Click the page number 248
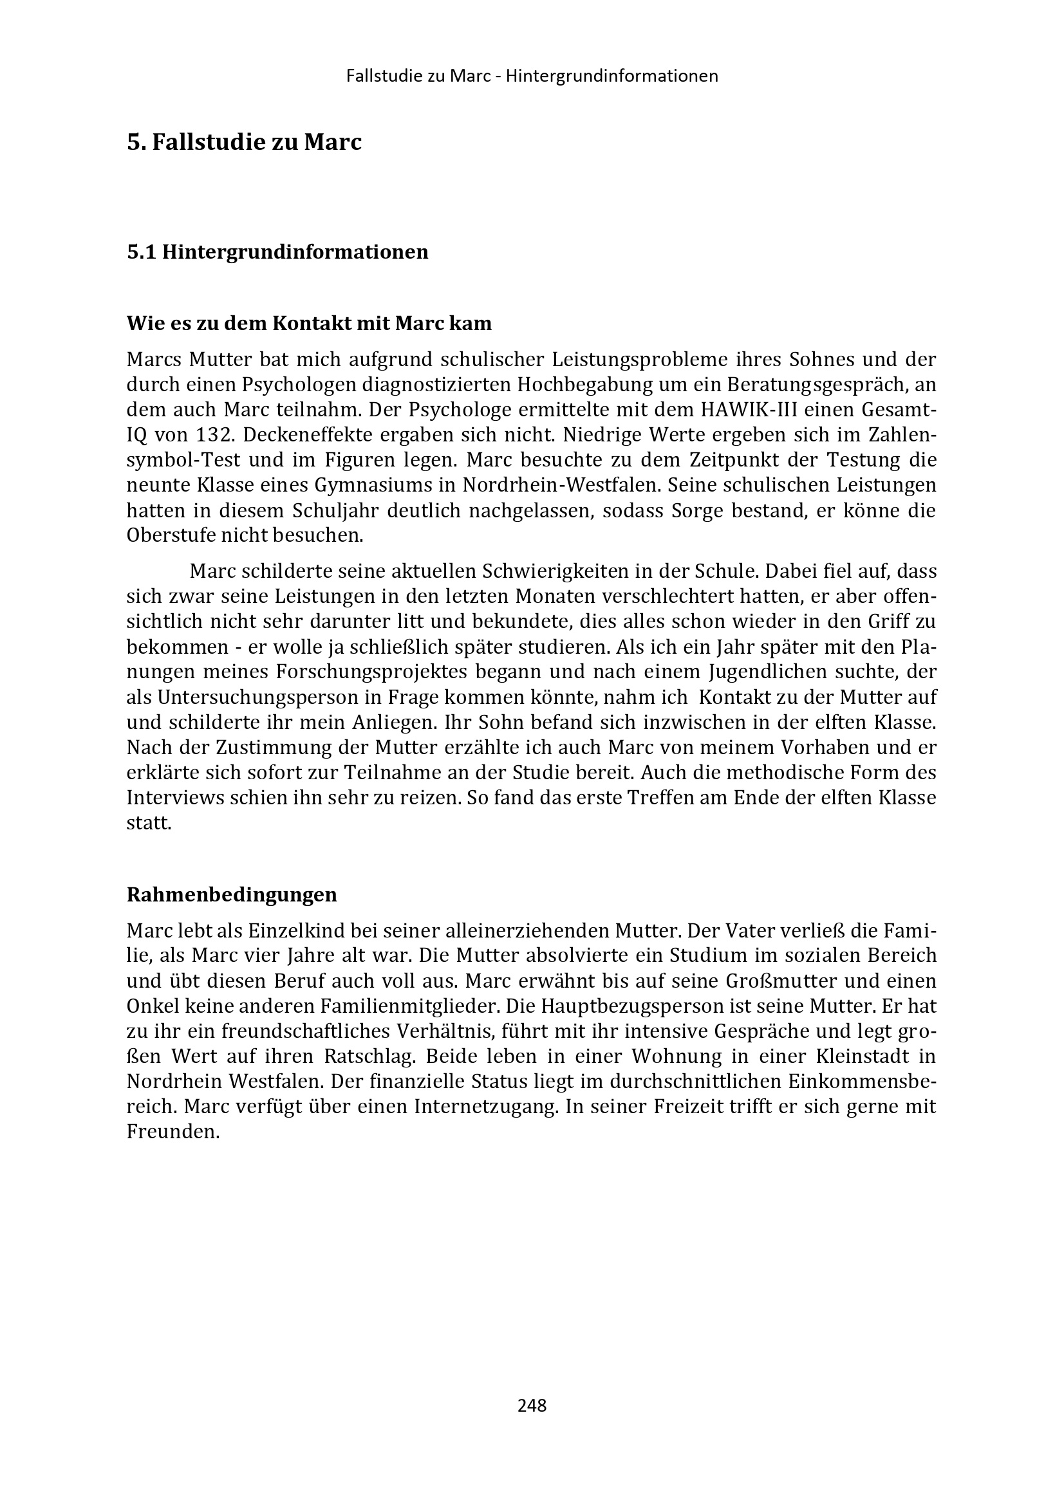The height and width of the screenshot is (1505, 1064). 532,1405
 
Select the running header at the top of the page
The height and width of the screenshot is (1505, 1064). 532,76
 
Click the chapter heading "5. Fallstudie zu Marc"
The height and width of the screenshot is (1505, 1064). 244,142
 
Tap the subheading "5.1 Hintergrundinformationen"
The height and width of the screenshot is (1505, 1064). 277,252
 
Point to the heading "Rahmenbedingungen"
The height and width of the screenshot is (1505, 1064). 232,894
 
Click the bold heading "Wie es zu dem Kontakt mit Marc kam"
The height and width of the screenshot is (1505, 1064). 309,323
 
